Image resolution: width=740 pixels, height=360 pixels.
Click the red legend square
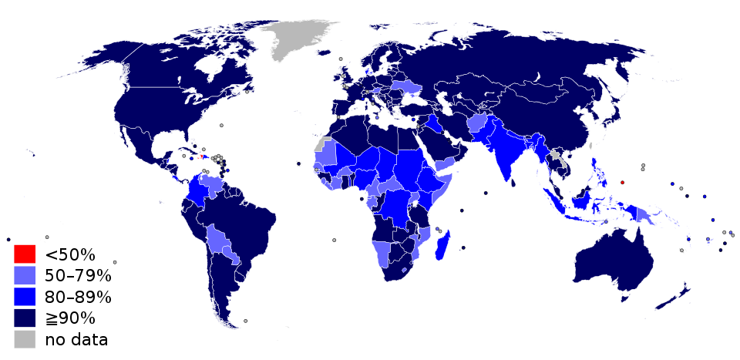click(25, 254)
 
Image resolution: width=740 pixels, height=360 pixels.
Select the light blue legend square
click(25, 275)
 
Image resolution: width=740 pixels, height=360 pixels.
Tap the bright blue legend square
click(25, 297)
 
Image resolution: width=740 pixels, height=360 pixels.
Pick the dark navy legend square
click(25, 318)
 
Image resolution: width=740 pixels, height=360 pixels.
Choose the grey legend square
click(25, 339)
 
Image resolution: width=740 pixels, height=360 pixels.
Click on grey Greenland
click(297, 39)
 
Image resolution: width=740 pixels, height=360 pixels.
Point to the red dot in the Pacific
click(622, 183)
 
